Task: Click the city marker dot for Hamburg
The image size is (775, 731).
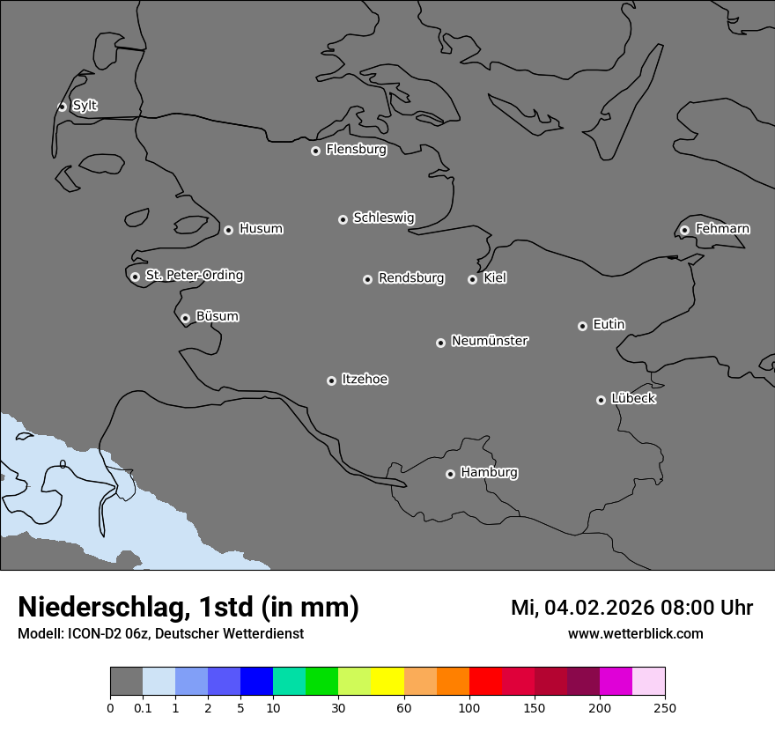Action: click(x=450, y=474)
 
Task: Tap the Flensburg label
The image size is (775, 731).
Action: click(x=356, y=150)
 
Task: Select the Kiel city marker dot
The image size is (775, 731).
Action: click(x=472, y=279)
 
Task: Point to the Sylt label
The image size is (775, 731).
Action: click(x=85, y=106)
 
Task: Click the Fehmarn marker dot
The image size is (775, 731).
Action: click(x=684, y=230)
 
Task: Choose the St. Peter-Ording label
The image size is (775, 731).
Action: click(x=194, y=276)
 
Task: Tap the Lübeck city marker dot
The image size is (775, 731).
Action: click(x=601, y=400)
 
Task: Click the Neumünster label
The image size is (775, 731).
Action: click(x=490, y=341)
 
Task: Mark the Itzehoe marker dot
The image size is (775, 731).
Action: click(x=331, y=380)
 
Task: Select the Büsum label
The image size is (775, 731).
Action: click(x=217, y=316)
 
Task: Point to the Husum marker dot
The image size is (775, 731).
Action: click(x=228, y=230)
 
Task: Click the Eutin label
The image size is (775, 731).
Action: click(x=609, y=325)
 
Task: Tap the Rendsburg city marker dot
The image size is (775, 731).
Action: click(x=367, y=279)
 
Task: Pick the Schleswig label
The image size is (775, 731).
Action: click(x=383, y=218)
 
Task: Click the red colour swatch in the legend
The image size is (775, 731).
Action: click(x=485, y=682)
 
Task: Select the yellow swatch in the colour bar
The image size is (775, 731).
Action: click(x=387, y=682)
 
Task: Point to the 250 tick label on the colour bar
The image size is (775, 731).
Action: click(x=665, y=707)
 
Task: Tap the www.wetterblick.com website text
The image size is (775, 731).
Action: click(x=635, y=633)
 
